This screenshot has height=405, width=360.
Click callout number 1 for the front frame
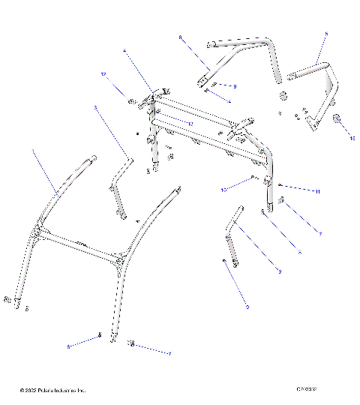(x=33, y=151)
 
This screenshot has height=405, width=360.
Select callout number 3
(x=95, y=108)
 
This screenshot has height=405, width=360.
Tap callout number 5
(x=326, y=34)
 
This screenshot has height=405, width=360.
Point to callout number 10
(x=223, y=190)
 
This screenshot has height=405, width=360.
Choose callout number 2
(x=280, y=271)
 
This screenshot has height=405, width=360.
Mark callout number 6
(x=300, y=253)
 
